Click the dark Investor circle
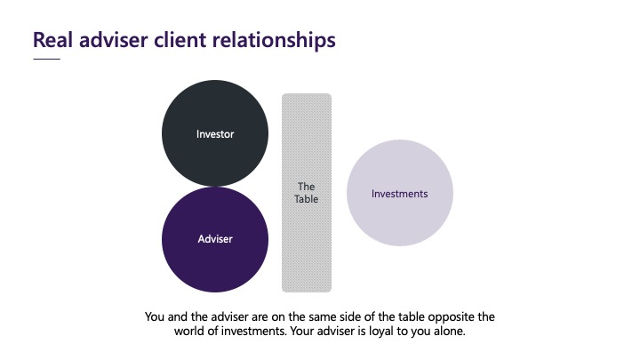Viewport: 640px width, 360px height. pyautogui.click(x=215, y=133)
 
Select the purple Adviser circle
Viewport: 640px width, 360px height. pyautogui.click(x=215, y=239)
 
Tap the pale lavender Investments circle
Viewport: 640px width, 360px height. pyautogui.click(x=400, y=193)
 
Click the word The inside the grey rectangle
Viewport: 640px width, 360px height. pyautogui.click(x=306, y=187)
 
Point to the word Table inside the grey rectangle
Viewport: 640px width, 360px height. pyautogui.click(x=306, y=199)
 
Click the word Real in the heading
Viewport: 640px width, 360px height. pyautogui.click(x=53, y=40)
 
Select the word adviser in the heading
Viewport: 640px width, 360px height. pyautogui.click(x=114, y=40)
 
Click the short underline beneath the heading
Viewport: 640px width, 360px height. pyautogui.click(x=46, y=59)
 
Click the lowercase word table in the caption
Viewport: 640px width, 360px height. pyautogui.click(x=412, y=316)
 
